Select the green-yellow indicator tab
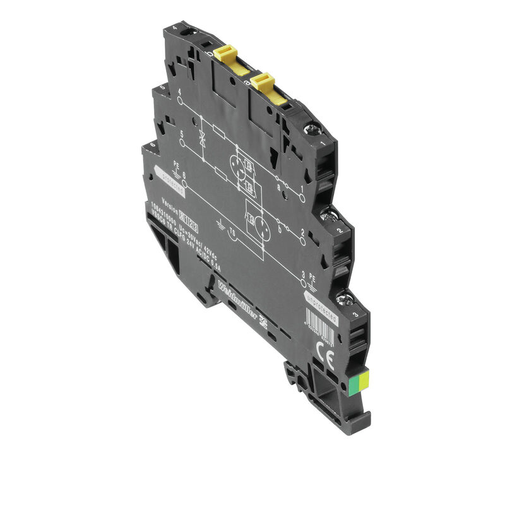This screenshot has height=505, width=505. pos(364,380)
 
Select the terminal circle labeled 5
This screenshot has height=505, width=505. pos(183,143)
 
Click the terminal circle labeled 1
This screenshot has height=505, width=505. pos(302,198)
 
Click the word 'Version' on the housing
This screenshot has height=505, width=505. pos(171,202)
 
